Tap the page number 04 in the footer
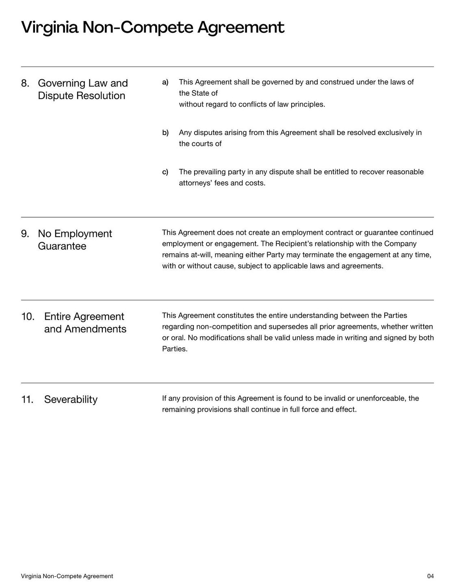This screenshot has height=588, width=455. pyautogui.click(x=430, y=576)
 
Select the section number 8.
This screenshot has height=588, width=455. pyautogui.click(x=25, y=83)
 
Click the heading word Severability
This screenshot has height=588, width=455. pyautogui.click(x=71, y=399)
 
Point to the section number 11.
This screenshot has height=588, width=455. pyautogui.click(x=27, y=399)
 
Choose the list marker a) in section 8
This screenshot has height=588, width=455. pyautogui.click(x=165, y=82)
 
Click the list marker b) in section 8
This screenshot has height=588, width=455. pyautogui.click(x=165, y=133)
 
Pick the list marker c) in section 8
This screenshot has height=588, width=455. pyautogui.click(x=165, y=172)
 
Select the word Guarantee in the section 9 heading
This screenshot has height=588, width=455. pyautogui.click(x=62, y=246)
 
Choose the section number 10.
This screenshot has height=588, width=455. pyautogui.click(x=28, y=317)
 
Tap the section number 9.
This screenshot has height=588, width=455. pyautogui.click(x=25, y=234)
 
